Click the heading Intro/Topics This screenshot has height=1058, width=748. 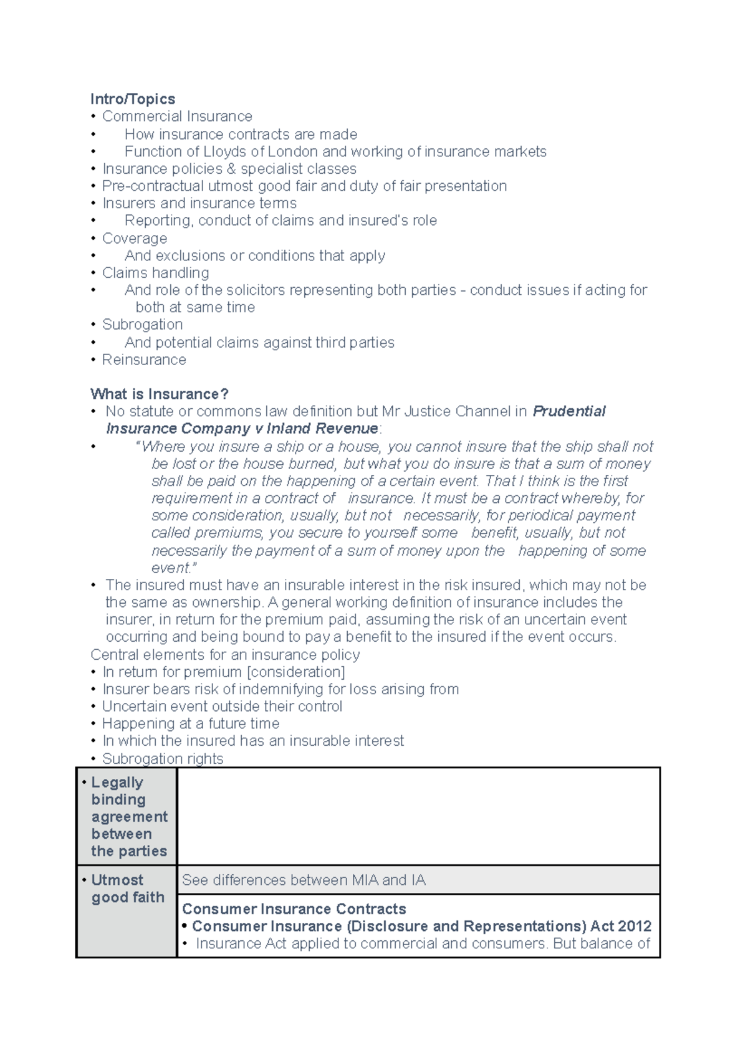133,99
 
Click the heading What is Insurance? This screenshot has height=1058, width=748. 160,394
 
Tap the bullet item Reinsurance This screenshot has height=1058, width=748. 144,360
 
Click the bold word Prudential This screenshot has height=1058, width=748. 569,411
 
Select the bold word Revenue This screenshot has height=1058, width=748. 347,429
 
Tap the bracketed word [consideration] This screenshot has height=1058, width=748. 296,672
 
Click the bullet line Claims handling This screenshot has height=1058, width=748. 156,273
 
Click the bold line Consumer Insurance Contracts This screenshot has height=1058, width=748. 294,908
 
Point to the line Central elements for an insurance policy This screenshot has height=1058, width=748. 225,655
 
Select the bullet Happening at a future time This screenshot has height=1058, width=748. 191,723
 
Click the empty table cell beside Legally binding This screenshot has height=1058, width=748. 418,816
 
